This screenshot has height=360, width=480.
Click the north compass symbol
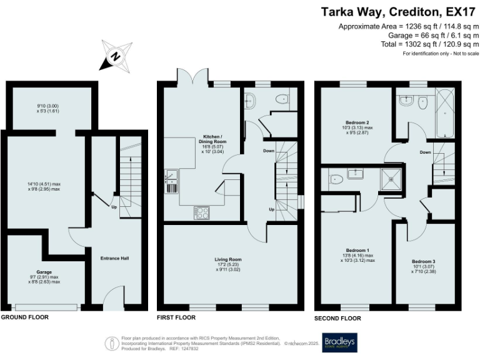coord(116,55)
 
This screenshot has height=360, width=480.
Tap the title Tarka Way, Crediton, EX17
coord(400,11)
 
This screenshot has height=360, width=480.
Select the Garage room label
coord(44,272)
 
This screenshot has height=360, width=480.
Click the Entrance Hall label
coord(114,257)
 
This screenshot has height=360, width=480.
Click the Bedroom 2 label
coord(349,122)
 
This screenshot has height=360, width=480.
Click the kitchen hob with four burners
coord(202,212)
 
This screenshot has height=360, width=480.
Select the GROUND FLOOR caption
coord(24,317)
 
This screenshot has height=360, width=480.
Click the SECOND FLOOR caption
coord(338,318)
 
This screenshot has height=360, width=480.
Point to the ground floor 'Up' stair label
coord(115,206)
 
